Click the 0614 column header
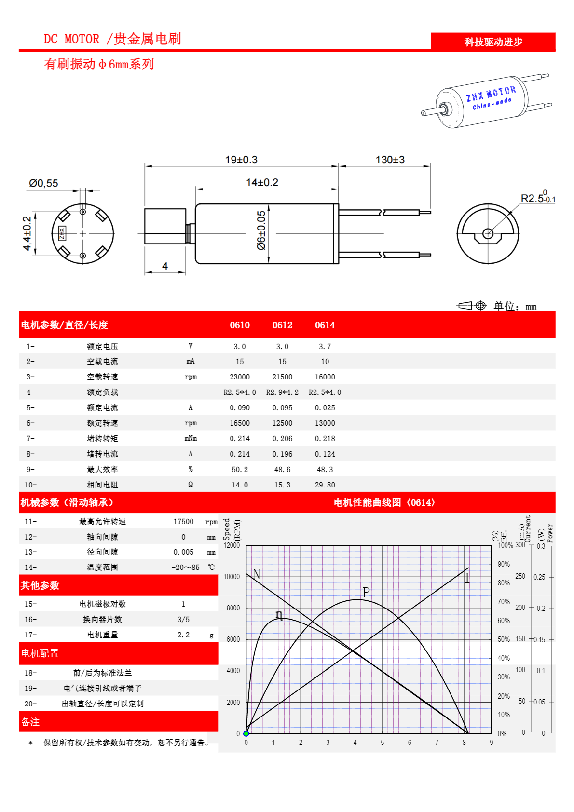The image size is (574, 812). point(325,325)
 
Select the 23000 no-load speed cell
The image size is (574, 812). point(240,377)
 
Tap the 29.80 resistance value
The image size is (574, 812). point(325,485)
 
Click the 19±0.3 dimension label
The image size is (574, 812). point(241,160)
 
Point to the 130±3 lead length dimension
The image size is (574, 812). point(390,160)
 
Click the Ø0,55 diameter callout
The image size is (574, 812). point(43,183)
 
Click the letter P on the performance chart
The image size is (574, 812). point(366,592)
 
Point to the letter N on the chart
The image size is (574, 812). point(256,574)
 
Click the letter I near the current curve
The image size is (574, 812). point(467,578)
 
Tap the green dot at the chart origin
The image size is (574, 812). point(246,733)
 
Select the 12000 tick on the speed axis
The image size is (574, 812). point(232,545)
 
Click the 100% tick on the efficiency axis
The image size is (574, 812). point(505,545)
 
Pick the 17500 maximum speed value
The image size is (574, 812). point(183,522)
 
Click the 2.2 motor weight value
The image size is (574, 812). point(183,635)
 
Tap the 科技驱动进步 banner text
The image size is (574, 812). point(493,42)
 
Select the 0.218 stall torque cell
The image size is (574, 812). point(325,439)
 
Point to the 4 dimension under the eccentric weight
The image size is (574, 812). point(165,266)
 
